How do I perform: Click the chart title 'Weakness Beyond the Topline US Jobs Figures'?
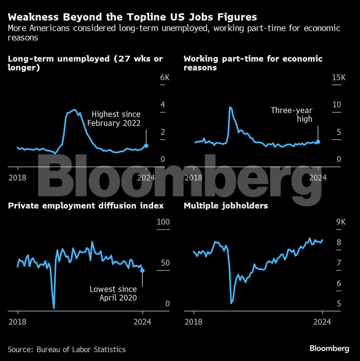click(132, 17)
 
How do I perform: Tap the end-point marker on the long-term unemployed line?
click(146, 145)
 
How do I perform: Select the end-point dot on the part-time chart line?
click(318, 142)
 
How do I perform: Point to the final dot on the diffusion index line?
click(142, 270)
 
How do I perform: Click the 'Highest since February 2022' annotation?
click(114, 119)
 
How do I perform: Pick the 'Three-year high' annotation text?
click(291, 114)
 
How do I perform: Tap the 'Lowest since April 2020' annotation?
click(113, 293)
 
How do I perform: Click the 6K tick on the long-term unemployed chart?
click(164, 78)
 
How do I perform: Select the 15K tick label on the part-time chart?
click(338, 78)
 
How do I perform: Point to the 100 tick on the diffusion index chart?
click(164, 221)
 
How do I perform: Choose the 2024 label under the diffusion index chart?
click(142, 322)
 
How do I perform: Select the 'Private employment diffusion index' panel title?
click(86, 206)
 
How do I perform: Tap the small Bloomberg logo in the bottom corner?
click(329, 349)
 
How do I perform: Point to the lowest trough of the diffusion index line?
click(54, 308)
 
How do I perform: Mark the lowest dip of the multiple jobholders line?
click(232, 303)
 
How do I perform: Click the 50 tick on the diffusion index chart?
click(165, 263)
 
